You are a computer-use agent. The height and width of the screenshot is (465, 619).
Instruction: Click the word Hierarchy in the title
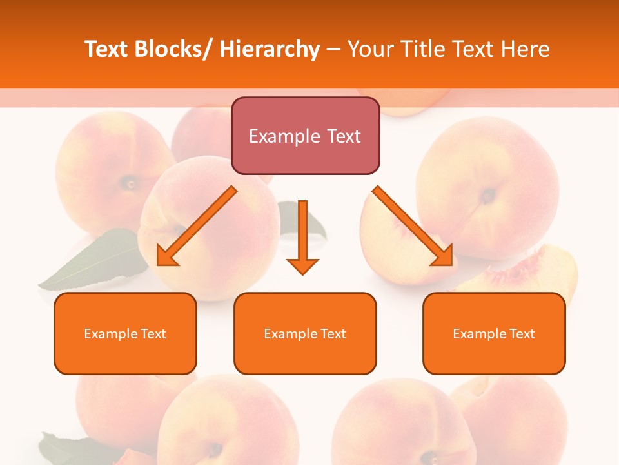(x=269, y=49)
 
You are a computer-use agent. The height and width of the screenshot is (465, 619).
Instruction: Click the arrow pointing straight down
(x=303, y=239)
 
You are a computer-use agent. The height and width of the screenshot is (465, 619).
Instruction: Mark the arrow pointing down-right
(x=413, y=226)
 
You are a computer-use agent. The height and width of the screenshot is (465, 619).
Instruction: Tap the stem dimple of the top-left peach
(x=131, y=183)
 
